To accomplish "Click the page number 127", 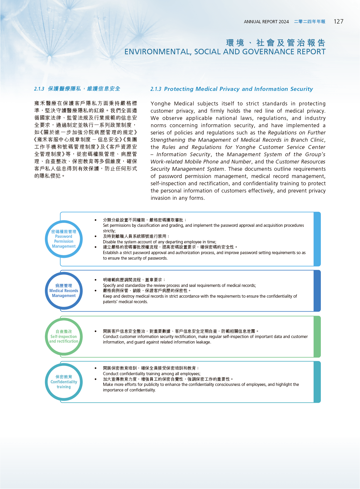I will tap(338, 21).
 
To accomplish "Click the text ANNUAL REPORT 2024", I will tap(266, 22).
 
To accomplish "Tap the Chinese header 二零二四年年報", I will tap(310, 22).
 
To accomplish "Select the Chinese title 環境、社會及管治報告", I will tap(276, 43).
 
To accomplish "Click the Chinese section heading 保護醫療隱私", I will tap(64, 89).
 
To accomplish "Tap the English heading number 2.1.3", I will tap(156, 89).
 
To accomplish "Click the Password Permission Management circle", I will tap(64, 239).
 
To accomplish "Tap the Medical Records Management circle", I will tap(64, 291).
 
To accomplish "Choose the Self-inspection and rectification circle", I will tap(64, 337).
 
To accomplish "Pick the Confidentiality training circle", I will tap(64, 382).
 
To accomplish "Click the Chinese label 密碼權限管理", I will tap(64, 231).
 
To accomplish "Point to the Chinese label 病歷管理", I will tap(64, 285).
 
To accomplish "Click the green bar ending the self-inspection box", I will tap(317, 337).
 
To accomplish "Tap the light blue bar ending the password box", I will tap(317, 239).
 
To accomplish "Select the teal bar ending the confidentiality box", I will tap(317, 382).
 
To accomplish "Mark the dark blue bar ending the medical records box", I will tap(317, 291).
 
